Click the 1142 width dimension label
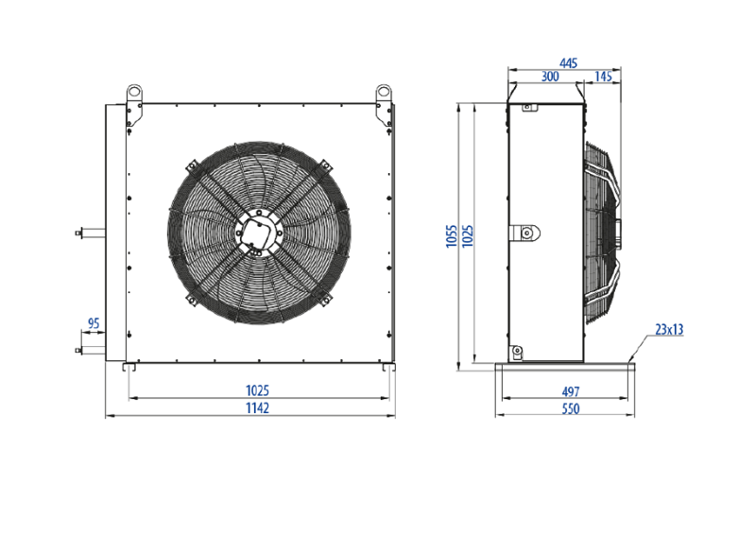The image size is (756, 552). coord(257,407)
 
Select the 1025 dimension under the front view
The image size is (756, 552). coord(257,390)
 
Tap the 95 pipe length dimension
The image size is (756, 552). coord(94,323)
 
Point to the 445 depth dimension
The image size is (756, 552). coord(568,63)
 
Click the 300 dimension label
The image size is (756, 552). coord(550,77)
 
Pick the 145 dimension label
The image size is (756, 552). coord(603,77)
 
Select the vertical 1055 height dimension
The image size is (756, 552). coord(452,236)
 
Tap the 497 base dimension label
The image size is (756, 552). coord(571,391)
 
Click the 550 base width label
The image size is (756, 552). coord(571,409)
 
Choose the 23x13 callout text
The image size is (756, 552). coord(669,329)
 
